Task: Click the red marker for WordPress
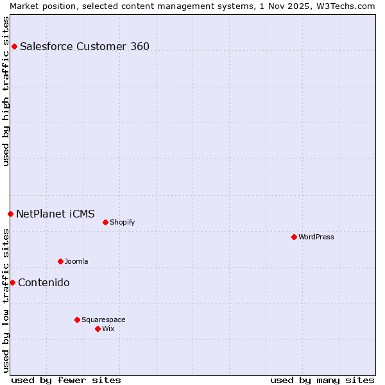click(294, 237)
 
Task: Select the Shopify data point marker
click(105, 222)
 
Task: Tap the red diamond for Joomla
click(60, 261)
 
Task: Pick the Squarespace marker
click(77, 320)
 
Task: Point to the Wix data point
click(98, 329)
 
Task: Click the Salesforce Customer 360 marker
click(14, 46)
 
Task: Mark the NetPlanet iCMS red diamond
click(10, 214)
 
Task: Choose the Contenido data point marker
click(12, 282)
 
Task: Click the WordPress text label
click(316, 237)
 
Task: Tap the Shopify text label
click(122, 222)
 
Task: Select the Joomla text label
click(76, 261)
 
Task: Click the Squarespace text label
click(103, 320)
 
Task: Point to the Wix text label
click(108, 329)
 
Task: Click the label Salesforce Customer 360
click(85, 46)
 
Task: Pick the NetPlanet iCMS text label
click(55, 214)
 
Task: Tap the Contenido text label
click(44, 282)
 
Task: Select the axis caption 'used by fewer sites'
click(66, 380)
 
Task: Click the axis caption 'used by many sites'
click(322, 380)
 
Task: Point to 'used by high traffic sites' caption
click(6, 91)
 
